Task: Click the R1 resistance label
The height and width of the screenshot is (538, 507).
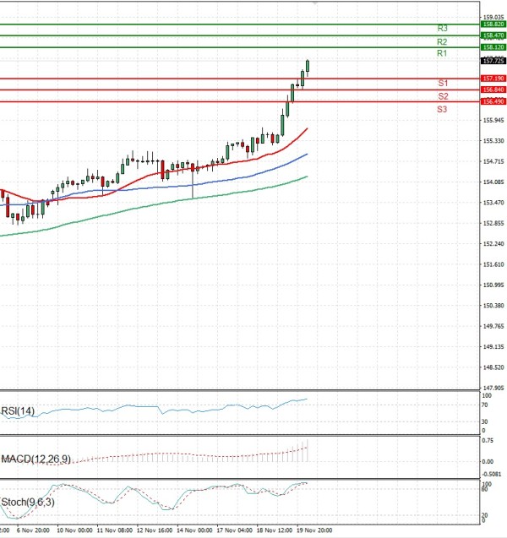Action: [x=441, y=53]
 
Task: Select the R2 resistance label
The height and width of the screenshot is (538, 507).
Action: [x=441, y=41]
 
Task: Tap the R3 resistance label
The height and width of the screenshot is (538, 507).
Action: [x=441, y=29]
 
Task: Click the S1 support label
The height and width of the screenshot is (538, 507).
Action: [x=442, y=83]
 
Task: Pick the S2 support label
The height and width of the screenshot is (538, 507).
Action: [x=442, y=96]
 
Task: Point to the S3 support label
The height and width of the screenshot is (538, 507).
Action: [x=442, y=110]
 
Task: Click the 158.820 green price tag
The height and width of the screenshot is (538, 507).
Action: [x=493, y=24]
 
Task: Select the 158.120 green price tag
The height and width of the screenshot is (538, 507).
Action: [x=493, y=47]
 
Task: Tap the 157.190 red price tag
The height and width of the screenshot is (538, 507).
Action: [x=493, y=79]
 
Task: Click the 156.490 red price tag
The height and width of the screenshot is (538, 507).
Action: [x=493, y=101]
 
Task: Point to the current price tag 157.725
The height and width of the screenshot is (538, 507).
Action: [x=493, y=61]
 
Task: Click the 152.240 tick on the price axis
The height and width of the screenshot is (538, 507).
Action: [x=493, y=244]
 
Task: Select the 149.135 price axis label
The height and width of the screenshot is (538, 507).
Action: [x=493, y=347]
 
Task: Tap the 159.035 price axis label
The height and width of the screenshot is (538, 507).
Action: [x=493, y=17]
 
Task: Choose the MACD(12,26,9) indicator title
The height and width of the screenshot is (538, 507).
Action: [x=41, y=459]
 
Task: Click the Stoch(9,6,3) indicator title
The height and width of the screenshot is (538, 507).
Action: [x=28, y=503]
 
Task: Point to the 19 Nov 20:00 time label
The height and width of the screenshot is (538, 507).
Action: [x=314, y=531]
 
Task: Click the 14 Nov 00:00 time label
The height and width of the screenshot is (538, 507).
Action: [x=194, y=531]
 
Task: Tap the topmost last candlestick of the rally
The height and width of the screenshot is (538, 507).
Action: [x=308, y=65]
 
